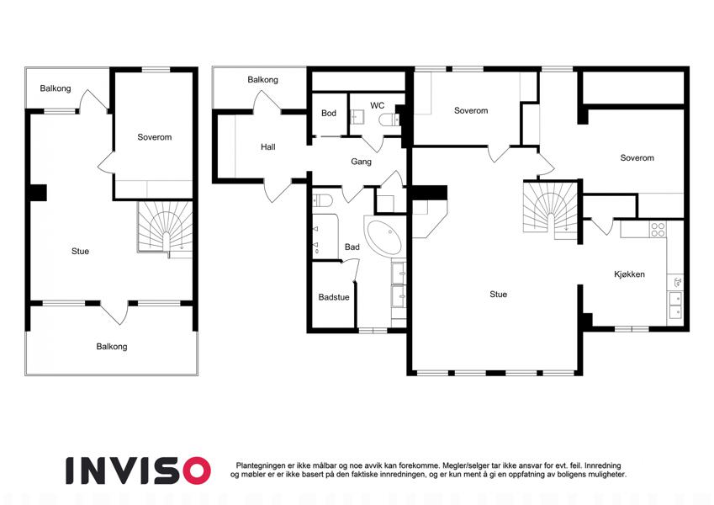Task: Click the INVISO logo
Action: pyautogui.click(x=138, y=470)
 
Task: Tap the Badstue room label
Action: pyautogui.click(x=334, y=297)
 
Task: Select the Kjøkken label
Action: pyautogui.click(x=629, y=274)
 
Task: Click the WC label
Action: pyautogui.click(x=377, y=106)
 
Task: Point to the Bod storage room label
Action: pyautogui.click(x=329, y=113)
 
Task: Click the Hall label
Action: pyautogui.click(x=267, y=146)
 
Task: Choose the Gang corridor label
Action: pyautogui.click(x=361, y=162)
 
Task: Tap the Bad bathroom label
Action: pyautogui.click(x=352, y=247)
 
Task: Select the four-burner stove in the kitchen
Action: pyautogui.click(x=658, y=229)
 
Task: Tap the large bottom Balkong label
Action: pyautogui.click(x=112, y=347)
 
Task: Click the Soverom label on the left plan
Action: pyautogui.click(x=155, y=137)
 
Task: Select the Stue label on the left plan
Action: pyautogui.click(x=80, y=251)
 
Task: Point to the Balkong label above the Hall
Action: pyautogui.click(x=262, y=80)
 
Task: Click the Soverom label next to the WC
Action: pyautogui.click(x=471, y=111)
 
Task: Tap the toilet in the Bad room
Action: pyautogui.click(x=321, y=201)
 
